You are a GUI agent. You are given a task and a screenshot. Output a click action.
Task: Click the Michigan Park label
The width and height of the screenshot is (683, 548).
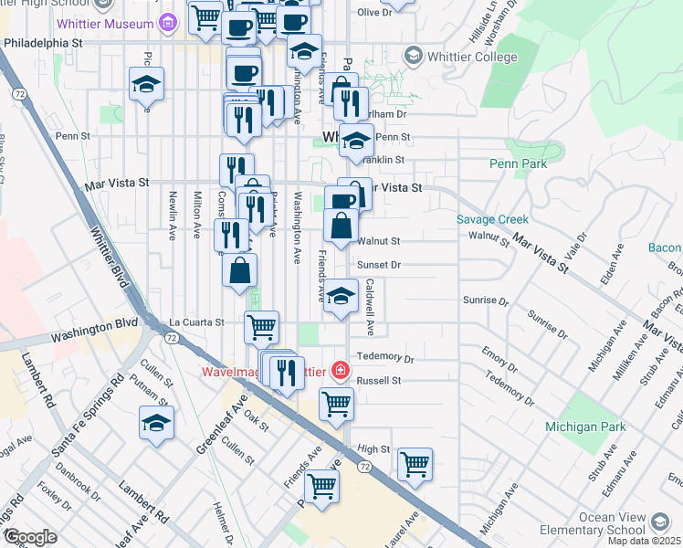pyautogui.click(x=585, y=427)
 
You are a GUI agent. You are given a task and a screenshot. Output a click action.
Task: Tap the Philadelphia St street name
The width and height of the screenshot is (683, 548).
pyautogui.click(x=43, y=42)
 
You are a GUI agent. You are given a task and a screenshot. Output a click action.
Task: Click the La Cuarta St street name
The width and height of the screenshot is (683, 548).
pyautogui.click(x=196, y=322)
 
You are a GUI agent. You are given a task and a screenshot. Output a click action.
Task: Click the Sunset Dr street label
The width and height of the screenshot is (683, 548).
pyautogui.click(x=380, y=264)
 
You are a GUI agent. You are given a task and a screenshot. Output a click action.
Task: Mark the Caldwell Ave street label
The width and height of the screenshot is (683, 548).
pyautogui.click(x=371, y=306)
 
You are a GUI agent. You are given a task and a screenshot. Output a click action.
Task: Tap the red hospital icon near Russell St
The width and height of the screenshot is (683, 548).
pyautogui.click(x=340, y=370)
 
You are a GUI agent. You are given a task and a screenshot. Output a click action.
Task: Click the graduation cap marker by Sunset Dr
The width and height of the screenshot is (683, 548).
pyautogui.click(x=341, y=296)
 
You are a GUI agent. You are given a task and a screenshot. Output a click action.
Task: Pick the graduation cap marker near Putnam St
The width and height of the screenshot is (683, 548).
pyautogui.click(x=157, y=423)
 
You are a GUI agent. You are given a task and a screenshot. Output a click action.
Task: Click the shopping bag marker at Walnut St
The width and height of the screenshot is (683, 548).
pyautogui.click(x=341, y=226)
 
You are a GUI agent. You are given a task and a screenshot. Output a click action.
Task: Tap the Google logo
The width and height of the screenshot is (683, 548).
pyautogui.click(x=30, y=537)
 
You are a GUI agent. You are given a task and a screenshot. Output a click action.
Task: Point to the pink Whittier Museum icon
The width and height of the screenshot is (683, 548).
pyautogui.click(x=167, y=21)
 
